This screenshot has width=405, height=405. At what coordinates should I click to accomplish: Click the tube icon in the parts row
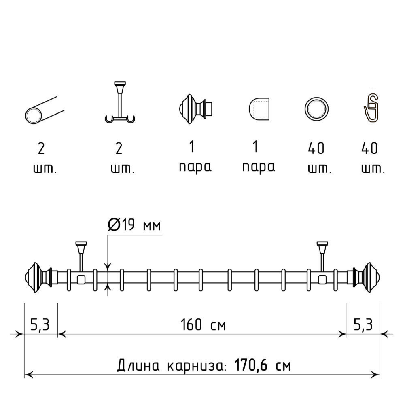click(45, 110)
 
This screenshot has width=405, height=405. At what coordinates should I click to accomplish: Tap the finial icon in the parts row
click(195, 109)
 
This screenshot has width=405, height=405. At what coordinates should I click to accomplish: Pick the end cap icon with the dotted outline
click(259, 109)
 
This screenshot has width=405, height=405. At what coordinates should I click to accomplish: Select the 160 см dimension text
click(203, 324)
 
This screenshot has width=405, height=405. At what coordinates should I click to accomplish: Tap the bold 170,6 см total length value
click(263, 365)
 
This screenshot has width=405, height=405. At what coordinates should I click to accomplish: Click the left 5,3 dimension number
click(40, 324)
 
